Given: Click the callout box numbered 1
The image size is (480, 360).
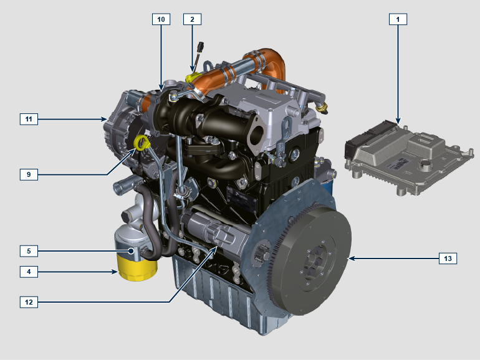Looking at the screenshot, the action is [398, 19].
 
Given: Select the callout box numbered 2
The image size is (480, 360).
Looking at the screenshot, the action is [192, 19].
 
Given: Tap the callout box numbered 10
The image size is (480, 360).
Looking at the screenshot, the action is [161, 19].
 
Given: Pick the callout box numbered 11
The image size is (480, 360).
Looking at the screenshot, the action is [29, 119].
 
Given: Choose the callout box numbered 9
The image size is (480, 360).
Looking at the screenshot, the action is [29, 174].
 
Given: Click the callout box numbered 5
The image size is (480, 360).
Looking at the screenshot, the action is [29, 251].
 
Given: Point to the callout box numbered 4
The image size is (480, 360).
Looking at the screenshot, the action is [29, 272].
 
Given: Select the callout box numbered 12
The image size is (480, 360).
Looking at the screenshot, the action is [29, 302].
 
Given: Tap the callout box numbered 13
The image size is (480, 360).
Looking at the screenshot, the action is [448, 258].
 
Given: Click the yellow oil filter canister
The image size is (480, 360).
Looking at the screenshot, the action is [137, 269].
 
